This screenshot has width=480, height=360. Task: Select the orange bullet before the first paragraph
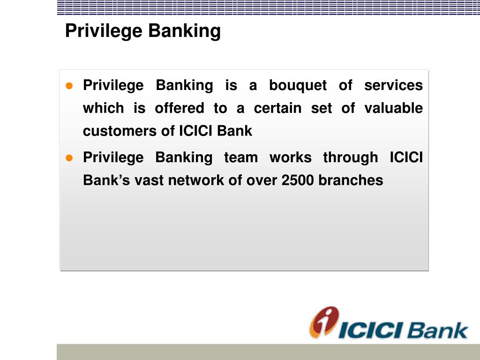click(69, 86)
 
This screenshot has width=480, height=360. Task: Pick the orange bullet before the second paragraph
click(69, 158)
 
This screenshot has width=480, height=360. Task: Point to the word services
click(393, 86)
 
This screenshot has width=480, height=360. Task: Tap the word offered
click(180, 108)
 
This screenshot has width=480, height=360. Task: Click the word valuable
click(393, 108)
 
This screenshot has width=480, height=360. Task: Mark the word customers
click(120, 131)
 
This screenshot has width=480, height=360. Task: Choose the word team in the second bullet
click(240, 157)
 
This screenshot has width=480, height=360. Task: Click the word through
click(350, 157)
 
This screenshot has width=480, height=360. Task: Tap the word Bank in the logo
click(437, 330)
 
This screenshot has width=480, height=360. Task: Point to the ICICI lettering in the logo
click(370, 330)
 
